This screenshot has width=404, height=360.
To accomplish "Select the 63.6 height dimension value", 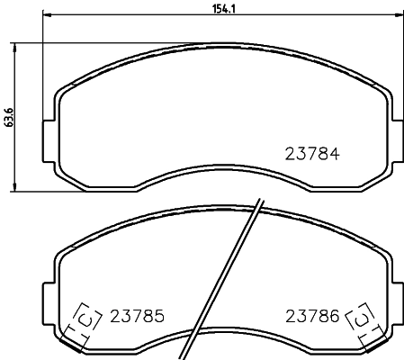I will [9, 117].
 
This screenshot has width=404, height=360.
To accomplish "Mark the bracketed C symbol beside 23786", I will [360, 319].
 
